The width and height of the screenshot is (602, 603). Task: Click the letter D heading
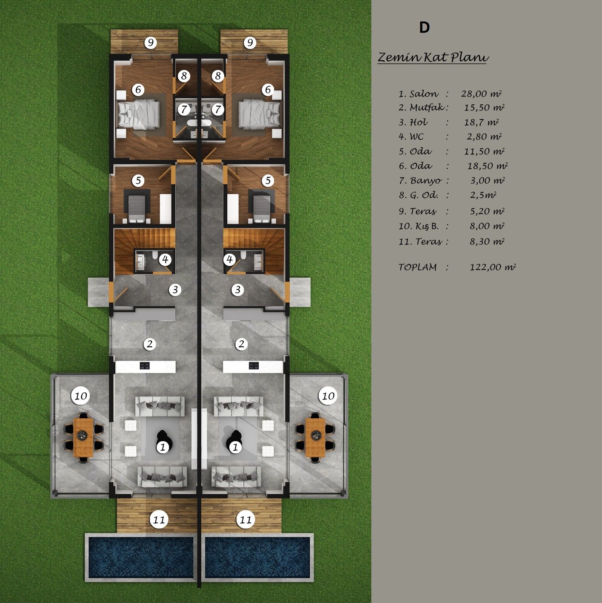[x=424, y=28]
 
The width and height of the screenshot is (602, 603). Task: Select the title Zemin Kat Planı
[x=433, y=57]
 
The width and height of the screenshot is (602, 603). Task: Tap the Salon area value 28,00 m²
[x=481, y=94]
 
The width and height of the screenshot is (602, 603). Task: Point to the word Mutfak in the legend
[x=427, y=108]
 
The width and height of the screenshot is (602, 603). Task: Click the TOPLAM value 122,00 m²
[x=493, y=267]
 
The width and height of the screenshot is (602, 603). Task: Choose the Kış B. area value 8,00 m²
[x=487, y=226]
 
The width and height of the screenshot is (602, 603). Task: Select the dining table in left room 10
[x=84, y=435]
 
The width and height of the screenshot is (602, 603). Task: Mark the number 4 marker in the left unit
[x=165, y=259]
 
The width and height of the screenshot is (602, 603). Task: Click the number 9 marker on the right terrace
[x=250, y=43]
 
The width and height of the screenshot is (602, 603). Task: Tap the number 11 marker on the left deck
[x=159, y=520]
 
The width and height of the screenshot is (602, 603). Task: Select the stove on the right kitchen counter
[x=253, y=366]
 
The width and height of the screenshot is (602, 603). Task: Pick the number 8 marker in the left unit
[x=184, y=76]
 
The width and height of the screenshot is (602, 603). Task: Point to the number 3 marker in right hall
[x=237, y=290]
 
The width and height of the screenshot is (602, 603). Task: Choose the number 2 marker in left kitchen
[x=150, y=344]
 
